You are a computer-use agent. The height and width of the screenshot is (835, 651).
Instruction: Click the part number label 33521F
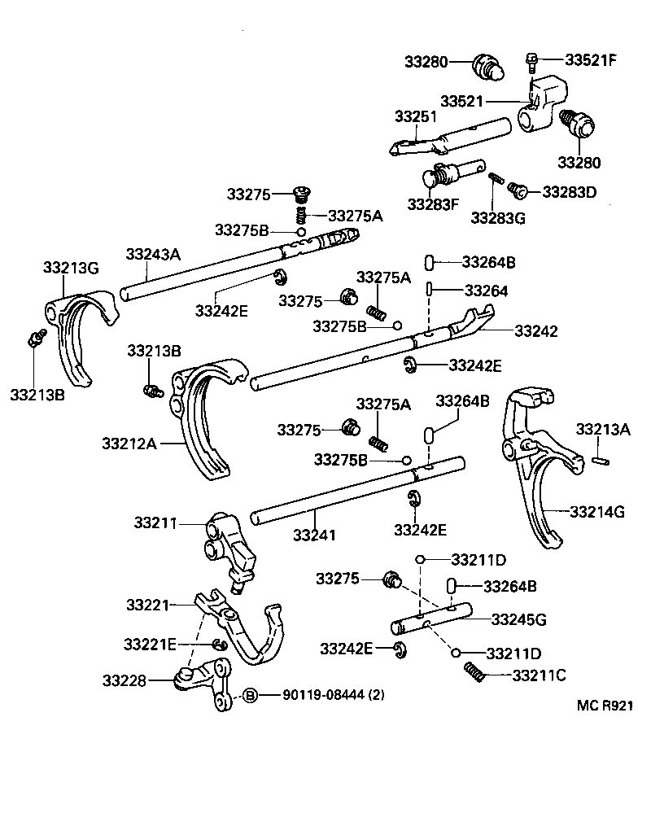[591, 59]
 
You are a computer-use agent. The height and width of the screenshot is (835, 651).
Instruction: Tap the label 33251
[416, 116]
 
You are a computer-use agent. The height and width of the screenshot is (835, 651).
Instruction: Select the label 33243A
[152, 254]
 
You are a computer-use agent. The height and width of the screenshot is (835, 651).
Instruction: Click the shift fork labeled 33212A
[203, 423]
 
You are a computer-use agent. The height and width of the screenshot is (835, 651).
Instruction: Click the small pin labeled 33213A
[601, 461]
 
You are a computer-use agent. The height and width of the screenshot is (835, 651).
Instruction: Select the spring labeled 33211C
[474, 672]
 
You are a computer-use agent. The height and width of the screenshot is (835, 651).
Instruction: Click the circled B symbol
[251, 694]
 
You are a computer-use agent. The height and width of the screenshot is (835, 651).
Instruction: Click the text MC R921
[605, 708]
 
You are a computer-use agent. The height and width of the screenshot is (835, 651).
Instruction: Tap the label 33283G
[498, 217]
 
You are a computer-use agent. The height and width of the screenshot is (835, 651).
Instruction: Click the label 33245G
[518, 619]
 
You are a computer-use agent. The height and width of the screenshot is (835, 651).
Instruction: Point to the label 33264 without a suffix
[486, 291]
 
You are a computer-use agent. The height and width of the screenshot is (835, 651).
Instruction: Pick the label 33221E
[150, 644]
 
